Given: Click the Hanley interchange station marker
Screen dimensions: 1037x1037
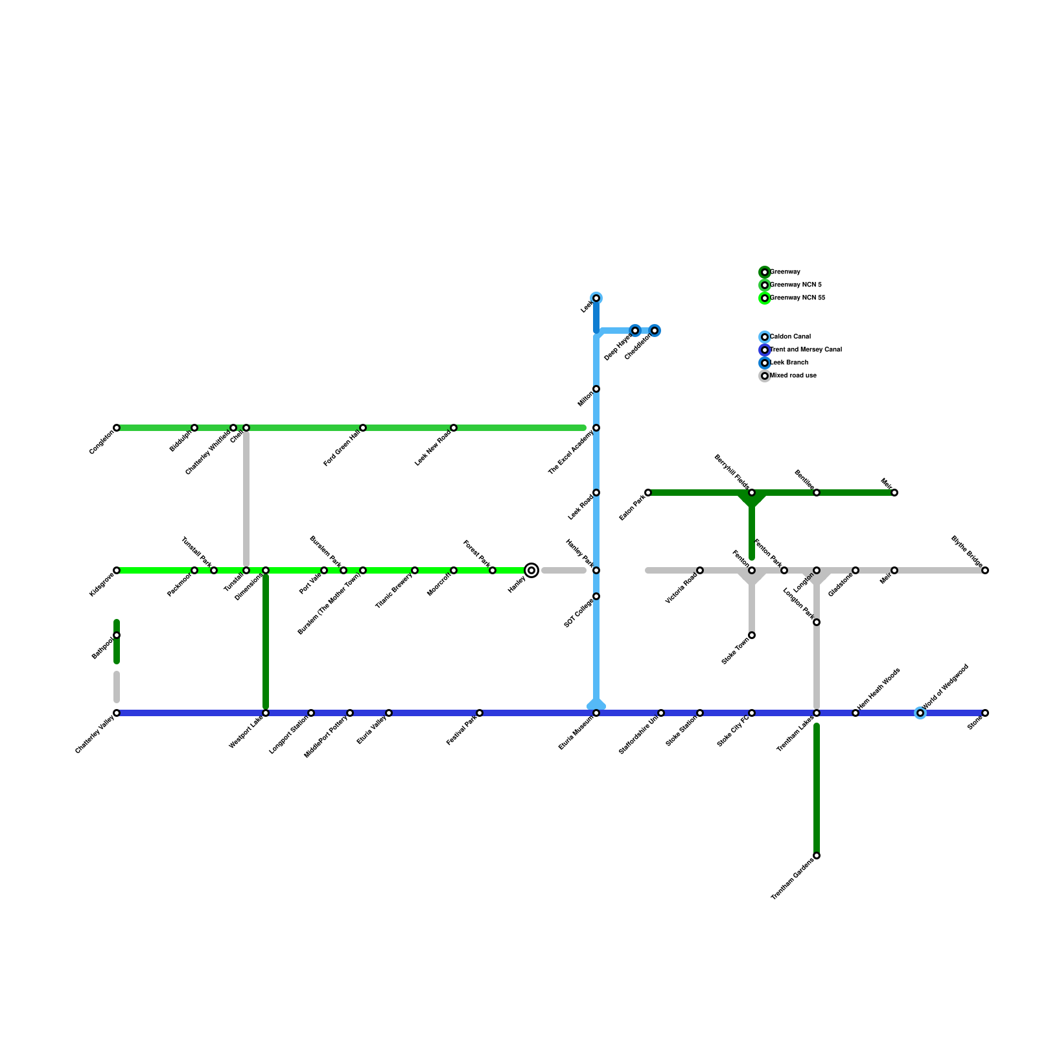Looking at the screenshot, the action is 531,570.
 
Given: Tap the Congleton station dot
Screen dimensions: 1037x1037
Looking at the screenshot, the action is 117,428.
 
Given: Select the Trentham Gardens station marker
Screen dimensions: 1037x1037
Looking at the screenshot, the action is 817,856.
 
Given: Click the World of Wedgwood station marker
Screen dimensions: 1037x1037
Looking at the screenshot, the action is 920,713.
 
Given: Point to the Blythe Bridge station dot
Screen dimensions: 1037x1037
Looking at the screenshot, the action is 985,570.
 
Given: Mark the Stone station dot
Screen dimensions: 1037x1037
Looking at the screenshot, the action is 985,713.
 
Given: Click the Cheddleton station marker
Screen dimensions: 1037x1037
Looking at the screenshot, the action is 655,331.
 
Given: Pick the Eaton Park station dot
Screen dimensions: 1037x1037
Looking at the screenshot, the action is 648,493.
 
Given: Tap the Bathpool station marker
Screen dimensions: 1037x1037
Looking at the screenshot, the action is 117,635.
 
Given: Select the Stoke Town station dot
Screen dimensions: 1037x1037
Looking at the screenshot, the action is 752,635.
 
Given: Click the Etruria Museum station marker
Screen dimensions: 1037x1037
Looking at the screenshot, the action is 596,713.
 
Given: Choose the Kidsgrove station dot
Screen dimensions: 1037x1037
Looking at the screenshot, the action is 117,570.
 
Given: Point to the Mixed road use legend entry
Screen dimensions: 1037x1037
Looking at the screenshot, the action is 792,376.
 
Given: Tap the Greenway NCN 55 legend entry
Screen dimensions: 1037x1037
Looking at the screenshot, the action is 797,298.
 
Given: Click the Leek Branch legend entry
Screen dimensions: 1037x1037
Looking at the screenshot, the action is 788,363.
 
